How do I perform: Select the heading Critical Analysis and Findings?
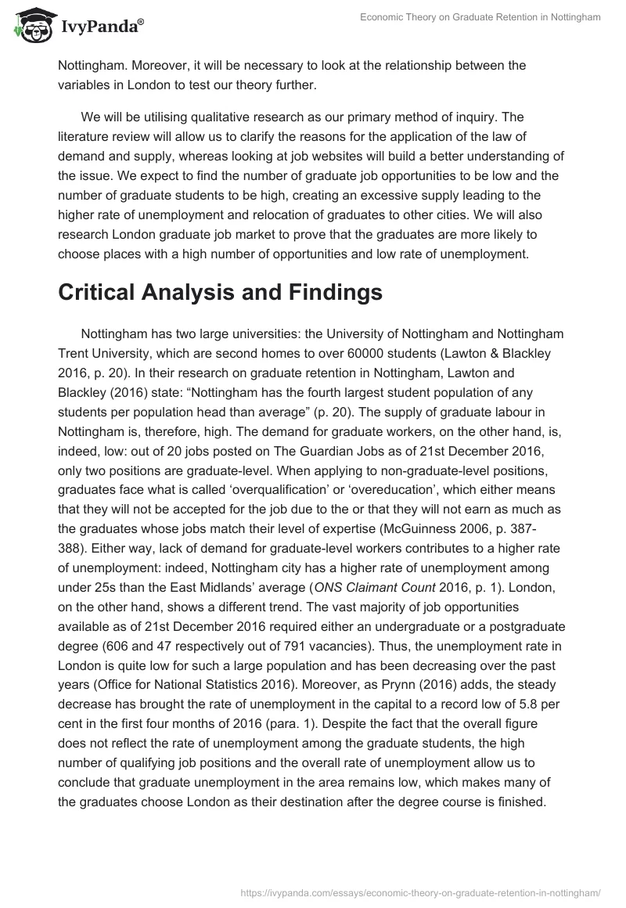click(220, 292)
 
